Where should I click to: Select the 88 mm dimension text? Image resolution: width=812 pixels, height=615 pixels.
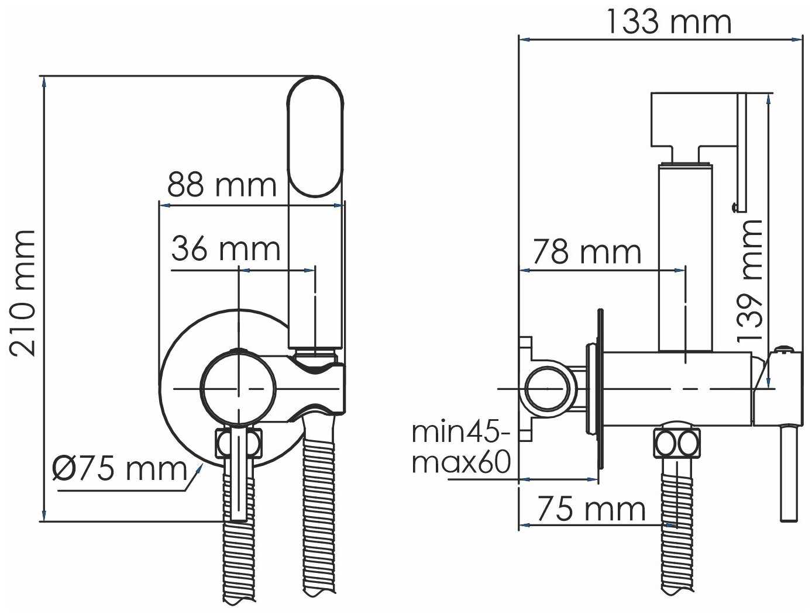click(x=222, y=185)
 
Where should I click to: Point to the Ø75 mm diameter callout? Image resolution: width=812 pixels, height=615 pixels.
click(x=119, y=469)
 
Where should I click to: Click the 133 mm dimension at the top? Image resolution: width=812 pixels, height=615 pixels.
click(x=669, y=22)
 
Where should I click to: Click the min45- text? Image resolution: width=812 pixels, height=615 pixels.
click(x=461, y=432)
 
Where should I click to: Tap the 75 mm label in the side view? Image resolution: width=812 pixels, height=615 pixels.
click(x=591, y=509)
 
